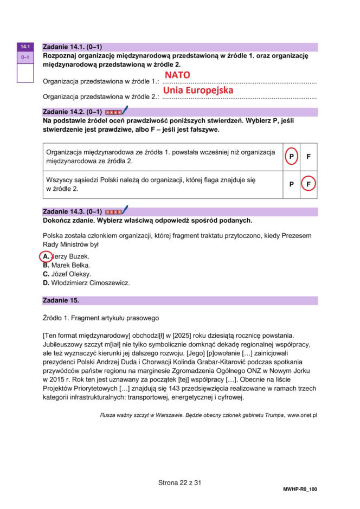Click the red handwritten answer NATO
(177, 75)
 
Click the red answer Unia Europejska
(198, 91)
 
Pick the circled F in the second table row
(308, 184)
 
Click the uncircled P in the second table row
(292, 184)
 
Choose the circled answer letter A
(46, 256)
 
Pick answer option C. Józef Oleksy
(67, 274)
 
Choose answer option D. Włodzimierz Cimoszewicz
(86, 282)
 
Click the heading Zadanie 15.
(61, 300)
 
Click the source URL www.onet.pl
(302, 415)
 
